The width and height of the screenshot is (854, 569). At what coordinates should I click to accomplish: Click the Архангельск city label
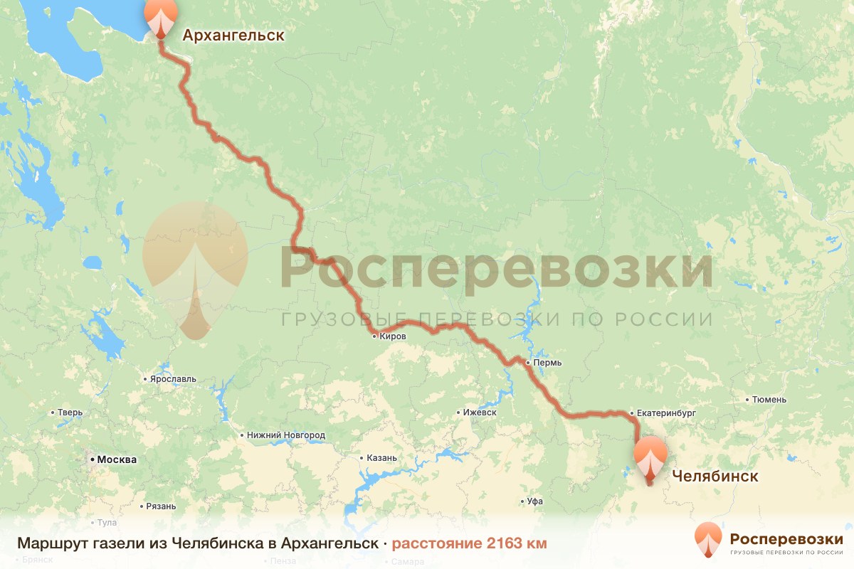coord(233,35)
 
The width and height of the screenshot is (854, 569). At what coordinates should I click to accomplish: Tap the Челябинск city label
coord(712,476)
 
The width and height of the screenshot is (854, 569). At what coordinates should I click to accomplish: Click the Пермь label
coord(547,363)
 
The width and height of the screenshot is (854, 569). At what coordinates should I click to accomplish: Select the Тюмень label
coord(771,400)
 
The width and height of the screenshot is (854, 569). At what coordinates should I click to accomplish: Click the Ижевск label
coord(479,413)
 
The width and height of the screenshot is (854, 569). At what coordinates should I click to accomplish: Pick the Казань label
coord(382,458)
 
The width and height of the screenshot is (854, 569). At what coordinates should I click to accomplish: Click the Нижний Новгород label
coord(286,435)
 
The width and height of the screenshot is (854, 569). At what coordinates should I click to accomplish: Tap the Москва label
coord(117,459)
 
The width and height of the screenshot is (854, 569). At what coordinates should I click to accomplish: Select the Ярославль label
coord(173,379)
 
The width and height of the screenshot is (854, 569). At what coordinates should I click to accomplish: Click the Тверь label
coord(70,413)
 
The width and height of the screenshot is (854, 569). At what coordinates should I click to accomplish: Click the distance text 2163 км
coord(517,543)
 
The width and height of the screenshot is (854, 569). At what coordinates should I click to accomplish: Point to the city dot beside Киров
coord(374,336)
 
